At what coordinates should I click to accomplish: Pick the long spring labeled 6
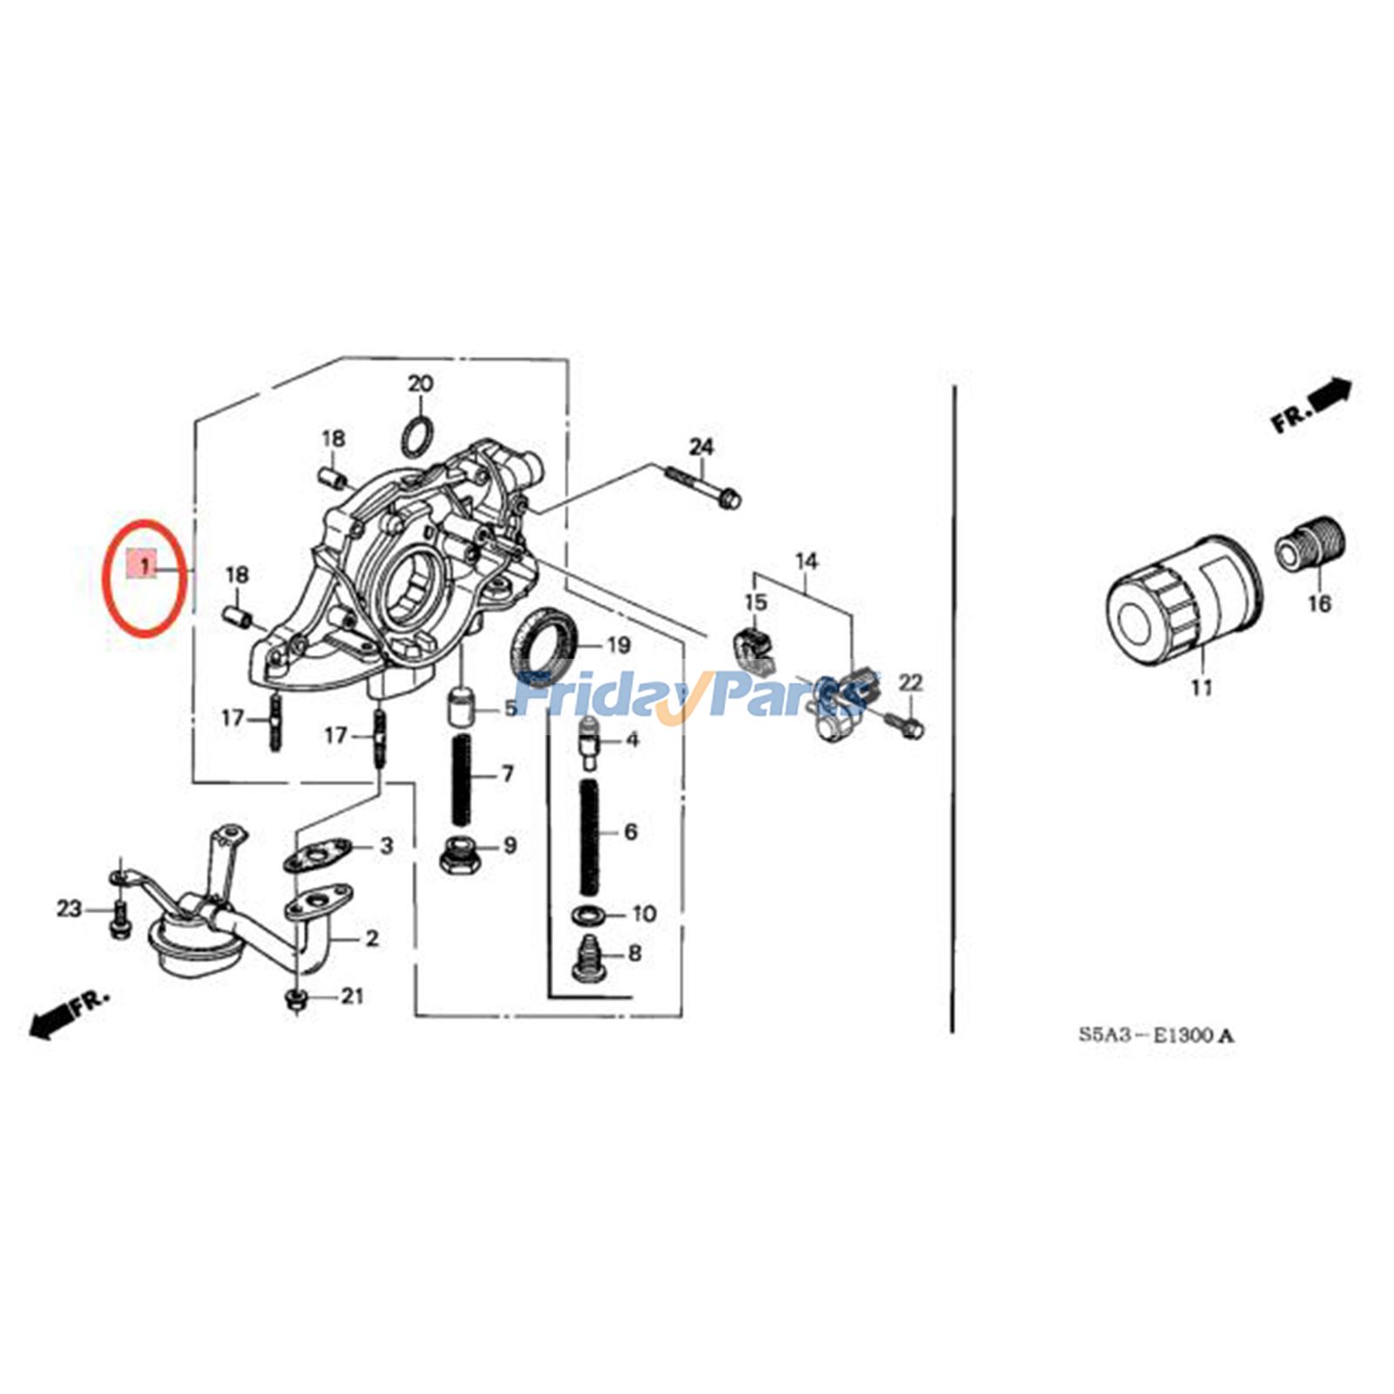590,837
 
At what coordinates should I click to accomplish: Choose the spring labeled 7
462,778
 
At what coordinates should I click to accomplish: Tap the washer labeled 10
589,914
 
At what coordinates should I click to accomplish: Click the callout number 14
807,561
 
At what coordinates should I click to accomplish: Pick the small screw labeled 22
906,725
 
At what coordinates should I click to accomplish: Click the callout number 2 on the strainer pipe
372,938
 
